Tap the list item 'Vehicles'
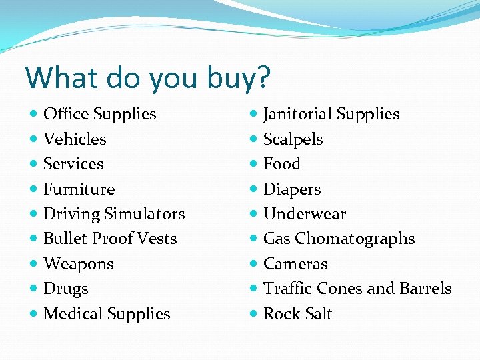[x=75, y=139]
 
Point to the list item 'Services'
[x=73, y=164]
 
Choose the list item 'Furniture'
[x=79, y=189]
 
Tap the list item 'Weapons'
[x=79, y=264]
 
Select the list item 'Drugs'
[x=65, y=289]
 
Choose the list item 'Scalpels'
[x=293, y=139]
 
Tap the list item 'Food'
[x=282, y=164]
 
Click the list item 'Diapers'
[x=292, y=189]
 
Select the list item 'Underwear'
[x=305, y=214]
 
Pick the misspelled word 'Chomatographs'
[x=355, y=239]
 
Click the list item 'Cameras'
[x=295, y=264]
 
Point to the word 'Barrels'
[x=425, y=289]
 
